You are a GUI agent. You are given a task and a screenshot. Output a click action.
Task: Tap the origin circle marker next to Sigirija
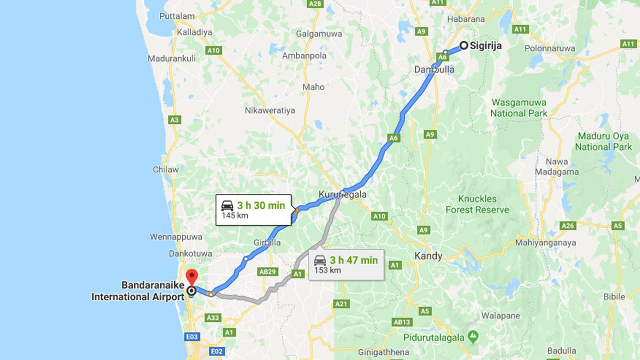[x=463, y=45]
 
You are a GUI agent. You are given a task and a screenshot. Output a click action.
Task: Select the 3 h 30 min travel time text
[x=260, y=205]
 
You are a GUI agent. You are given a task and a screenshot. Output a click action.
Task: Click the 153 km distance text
[x=327, y=270]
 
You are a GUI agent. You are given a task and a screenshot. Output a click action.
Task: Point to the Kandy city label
[x=428, y=256]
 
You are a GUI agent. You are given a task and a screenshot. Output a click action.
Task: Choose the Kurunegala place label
[x=343, y=194]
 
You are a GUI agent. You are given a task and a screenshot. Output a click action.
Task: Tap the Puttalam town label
[x=177, y=16]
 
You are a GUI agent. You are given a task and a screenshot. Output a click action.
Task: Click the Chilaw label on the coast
[x=165, y=169]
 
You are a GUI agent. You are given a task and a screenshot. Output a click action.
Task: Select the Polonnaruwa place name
[x=551, y=48]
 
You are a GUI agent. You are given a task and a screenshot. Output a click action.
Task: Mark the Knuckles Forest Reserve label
[x=477, y=204]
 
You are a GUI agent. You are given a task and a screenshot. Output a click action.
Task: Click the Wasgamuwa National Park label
[x=518, y=107]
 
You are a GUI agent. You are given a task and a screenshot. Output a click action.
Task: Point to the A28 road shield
[x=315, y=4]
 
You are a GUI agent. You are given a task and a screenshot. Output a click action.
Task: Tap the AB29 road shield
[x=267, y=272]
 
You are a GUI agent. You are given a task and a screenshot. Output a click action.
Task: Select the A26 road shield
[x=568, y=226]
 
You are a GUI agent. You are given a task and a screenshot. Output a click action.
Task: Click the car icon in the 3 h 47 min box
[x=320, y=260]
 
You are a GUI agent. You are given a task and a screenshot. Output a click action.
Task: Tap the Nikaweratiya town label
[x=270, y=110]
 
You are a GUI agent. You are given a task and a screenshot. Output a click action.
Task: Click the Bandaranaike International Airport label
[x=138, y=291]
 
